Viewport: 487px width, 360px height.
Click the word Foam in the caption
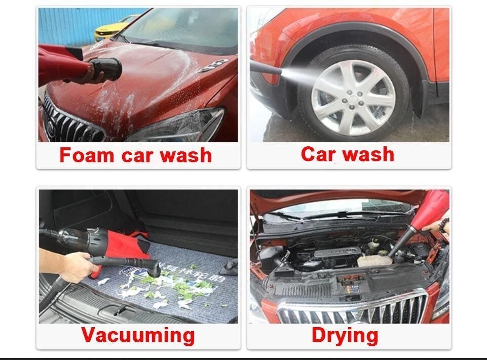click(87, 154)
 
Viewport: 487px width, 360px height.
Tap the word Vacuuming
click(138, 335)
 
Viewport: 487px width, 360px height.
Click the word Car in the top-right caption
click(319, 154)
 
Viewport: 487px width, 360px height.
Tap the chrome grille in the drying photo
click(353, 307)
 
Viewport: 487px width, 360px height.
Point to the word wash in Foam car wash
click(186, 155)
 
